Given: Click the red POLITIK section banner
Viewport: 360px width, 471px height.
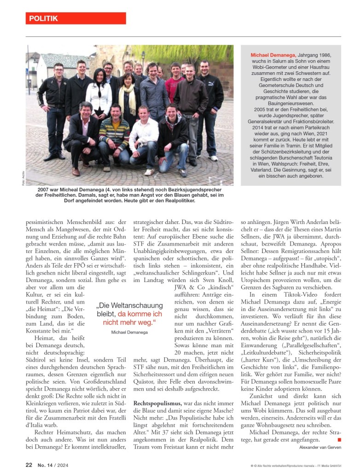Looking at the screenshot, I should click(x=75, y=18).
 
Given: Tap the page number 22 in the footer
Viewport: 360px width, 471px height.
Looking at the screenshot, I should click(x=29, y=465).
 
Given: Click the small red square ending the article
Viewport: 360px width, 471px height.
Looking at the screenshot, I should click(x=339, y=440).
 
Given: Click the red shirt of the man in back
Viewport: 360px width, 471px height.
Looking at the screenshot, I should click(x=174, y=87).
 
